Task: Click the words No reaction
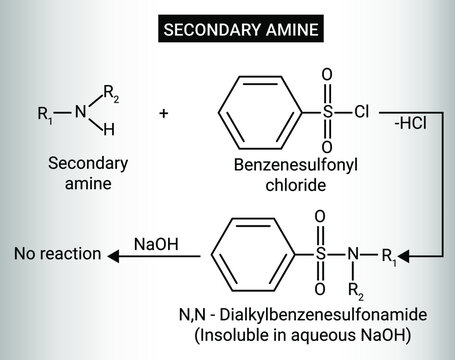(57, 255)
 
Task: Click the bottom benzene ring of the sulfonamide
(252, 256)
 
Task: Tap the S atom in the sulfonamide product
(321, 256)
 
